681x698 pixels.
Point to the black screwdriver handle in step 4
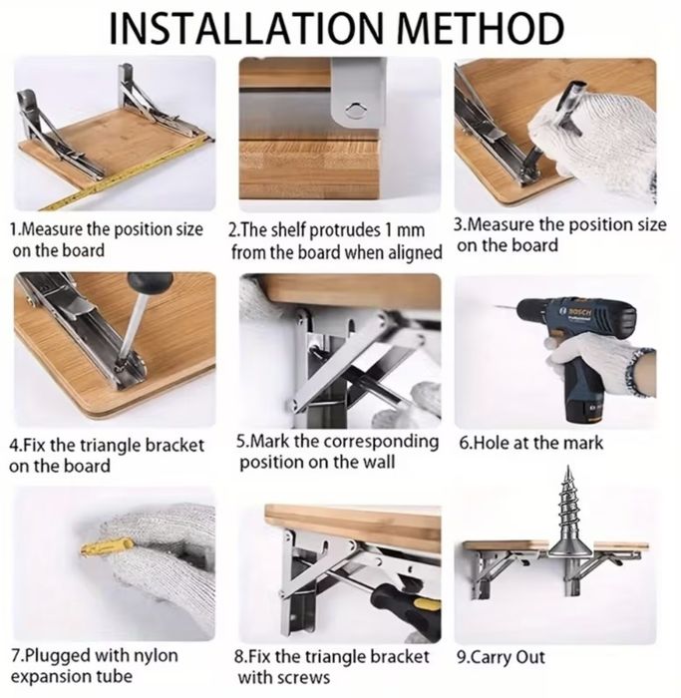click(150, 281)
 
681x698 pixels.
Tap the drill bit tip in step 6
click(496, 306)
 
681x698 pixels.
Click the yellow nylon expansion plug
click(108, 548)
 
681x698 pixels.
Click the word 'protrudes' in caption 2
click(344, 230)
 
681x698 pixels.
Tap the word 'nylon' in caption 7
click(156, 656)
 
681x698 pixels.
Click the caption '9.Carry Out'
click(502, 657)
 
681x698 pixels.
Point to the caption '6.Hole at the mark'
click(531, 443)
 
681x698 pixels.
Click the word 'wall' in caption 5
click(378, 462)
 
